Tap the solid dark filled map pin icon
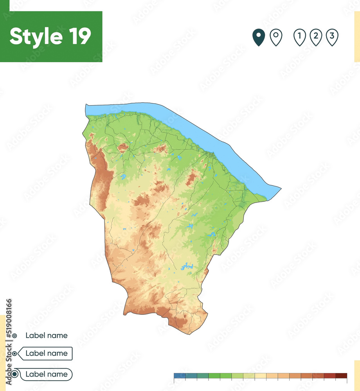[258, 38]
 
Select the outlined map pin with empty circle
[276, 38]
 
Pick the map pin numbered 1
[299, 38]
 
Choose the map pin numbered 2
[316, 38]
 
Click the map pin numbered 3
[332, 38]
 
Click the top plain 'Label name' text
[46, 335]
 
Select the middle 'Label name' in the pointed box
[46, 353]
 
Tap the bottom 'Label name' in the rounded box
[46, 374]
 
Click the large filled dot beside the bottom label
[14, 374]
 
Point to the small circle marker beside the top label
[14, 335]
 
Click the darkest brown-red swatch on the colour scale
[341, 376]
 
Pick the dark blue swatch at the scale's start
[180, 376]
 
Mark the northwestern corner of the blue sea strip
[86, 105]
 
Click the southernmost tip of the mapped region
[189, 334]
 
